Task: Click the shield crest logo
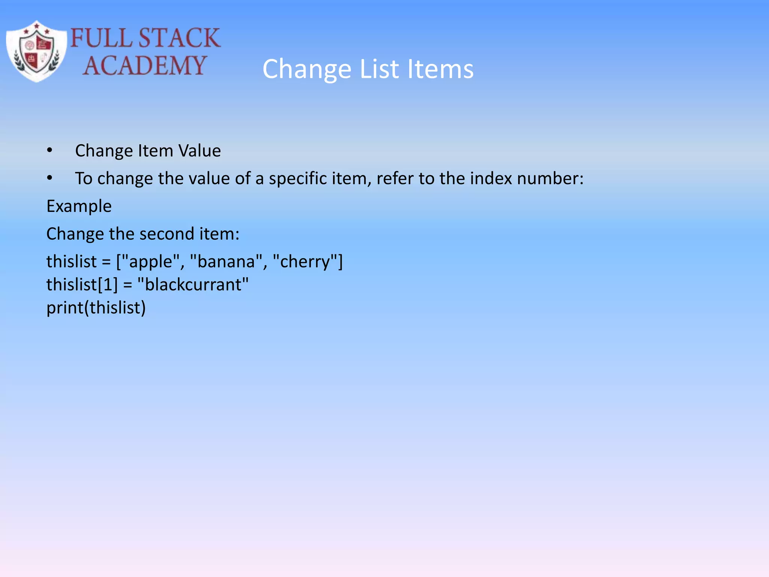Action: [x=36, y=51]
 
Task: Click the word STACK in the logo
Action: [x=179, y=38]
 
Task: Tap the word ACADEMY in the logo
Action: [x=145, y=65]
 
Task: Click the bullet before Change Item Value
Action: [x=50, y=151]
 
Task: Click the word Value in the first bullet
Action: [x=199, y=151]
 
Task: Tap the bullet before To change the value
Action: [x=50, y=178]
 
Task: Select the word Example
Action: [x=79, y=206]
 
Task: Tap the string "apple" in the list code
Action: [x=150, y=261]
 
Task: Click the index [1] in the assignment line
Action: [x=108, y=285]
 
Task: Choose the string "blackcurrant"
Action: [x=193, y=285]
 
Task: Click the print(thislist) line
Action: [x=96, y=308]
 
